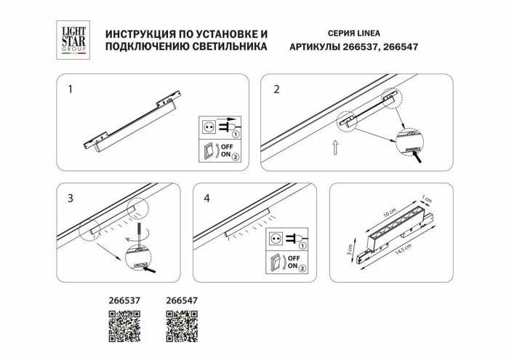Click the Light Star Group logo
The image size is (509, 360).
(x=72, y=39)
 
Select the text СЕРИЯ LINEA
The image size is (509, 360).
(x=354, y=33)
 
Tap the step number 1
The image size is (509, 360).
(x=70, y=90)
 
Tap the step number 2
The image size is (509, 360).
(x=276, y=90)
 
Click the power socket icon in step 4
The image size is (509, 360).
(x=276, y=238)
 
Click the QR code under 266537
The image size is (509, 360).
(x=124, y=325)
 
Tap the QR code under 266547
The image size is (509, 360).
(x=183, y=325)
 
